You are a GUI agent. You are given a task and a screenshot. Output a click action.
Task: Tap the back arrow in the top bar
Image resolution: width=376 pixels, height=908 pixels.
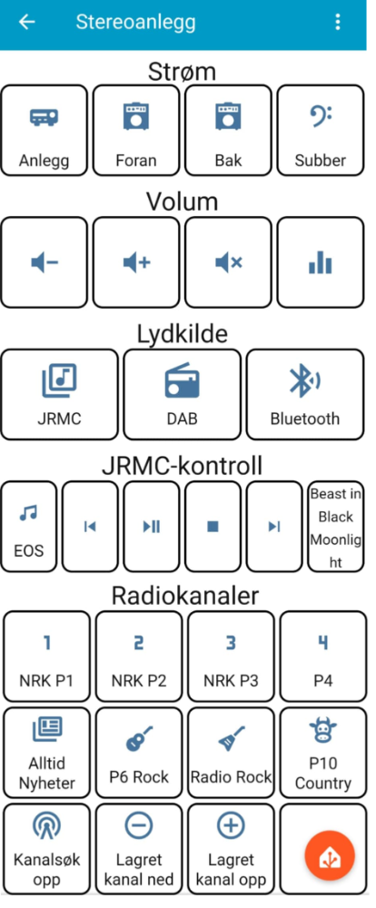26,22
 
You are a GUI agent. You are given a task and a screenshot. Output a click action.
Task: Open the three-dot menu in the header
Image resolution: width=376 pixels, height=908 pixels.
337,22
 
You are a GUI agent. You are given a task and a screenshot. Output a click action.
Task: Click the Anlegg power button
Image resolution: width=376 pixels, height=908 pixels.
44,130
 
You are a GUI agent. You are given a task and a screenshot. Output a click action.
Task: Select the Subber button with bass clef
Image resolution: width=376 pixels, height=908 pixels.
321,130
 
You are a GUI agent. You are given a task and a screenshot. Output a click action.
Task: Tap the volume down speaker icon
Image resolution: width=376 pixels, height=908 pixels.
45,263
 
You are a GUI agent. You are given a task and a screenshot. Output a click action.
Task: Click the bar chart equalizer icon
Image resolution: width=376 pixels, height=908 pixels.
320,263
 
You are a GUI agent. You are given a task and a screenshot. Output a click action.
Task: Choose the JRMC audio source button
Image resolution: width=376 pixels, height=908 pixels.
59,394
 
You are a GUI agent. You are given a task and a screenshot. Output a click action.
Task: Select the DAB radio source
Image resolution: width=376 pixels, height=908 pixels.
182,394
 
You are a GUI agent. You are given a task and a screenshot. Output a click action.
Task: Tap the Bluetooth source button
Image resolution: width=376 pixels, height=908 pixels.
305,394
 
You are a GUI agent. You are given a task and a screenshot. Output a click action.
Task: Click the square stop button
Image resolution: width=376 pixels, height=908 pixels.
213,526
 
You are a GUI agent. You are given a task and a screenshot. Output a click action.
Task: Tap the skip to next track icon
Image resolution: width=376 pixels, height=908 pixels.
274,526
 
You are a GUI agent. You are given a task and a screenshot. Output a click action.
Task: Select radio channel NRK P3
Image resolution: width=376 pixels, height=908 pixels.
231,656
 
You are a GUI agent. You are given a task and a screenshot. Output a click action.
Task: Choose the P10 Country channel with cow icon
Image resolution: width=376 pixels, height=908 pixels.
322,752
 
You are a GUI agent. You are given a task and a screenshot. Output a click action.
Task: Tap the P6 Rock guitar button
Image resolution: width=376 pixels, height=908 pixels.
138,752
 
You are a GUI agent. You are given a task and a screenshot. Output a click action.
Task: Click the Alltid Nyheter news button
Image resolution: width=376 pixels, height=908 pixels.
47,752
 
